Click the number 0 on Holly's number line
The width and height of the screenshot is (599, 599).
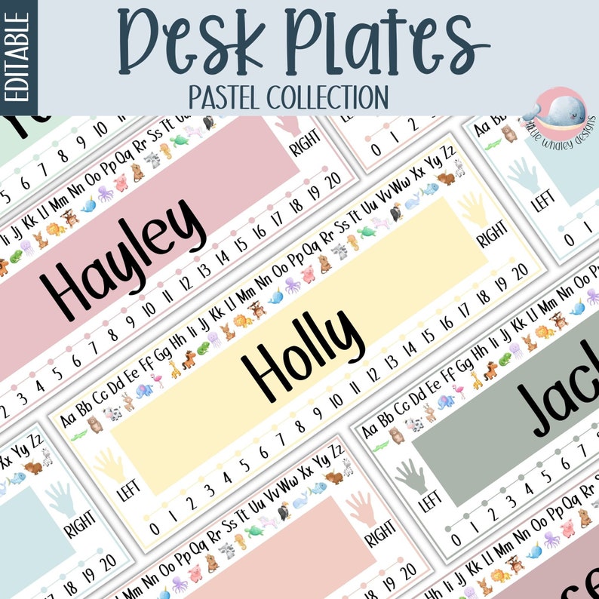(154, 528)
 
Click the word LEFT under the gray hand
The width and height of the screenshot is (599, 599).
(430, 502)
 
